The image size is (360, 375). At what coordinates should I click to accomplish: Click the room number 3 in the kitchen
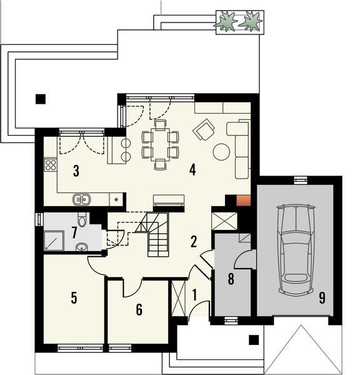[x=76, y=170]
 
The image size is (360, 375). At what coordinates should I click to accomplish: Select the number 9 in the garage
[x=322, y=298]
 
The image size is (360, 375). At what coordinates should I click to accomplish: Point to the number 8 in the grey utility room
[x=231, y=279]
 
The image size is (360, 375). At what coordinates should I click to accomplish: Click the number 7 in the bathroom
[x=74, y=232]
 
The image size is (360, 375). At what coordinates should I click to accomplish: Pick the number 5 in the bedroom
[x=74, y=297]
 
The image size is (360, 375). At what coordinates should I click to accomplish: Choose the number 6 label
[x=139, y=309]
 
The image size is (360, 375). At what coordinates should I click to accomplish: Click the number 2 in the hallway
[x=194, y=241]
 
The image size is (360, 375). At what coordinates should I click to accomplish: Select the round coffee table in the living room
[x=222, y=151]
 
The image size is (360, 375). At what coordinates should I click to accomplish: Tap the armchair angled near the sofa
[x=204, y=131]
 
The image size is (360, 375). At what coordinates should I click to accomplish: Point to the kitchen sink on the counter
[x=82, y=200]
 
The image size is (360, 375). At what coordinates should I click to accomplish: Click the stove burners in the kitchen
[x=51, y=166]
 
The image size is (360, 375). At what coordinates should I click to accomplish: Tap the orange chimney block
[x=243, y=201]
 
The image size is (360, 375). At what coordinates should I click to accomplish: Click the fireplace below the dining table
[x=169, y=200]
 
